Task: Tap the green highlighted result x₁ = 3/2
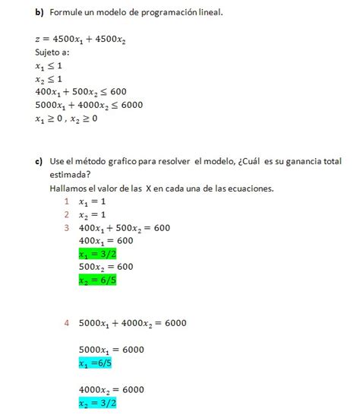click(97, 254)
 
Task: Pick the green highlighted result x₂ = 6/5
click(97, 280)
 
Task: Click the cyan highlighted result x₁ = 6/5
click(98, 363)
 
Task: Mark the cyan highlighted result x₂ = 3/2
click(97, 403)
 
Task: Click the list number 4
click(67, 323)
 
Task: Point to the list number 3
click(67, 227)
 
